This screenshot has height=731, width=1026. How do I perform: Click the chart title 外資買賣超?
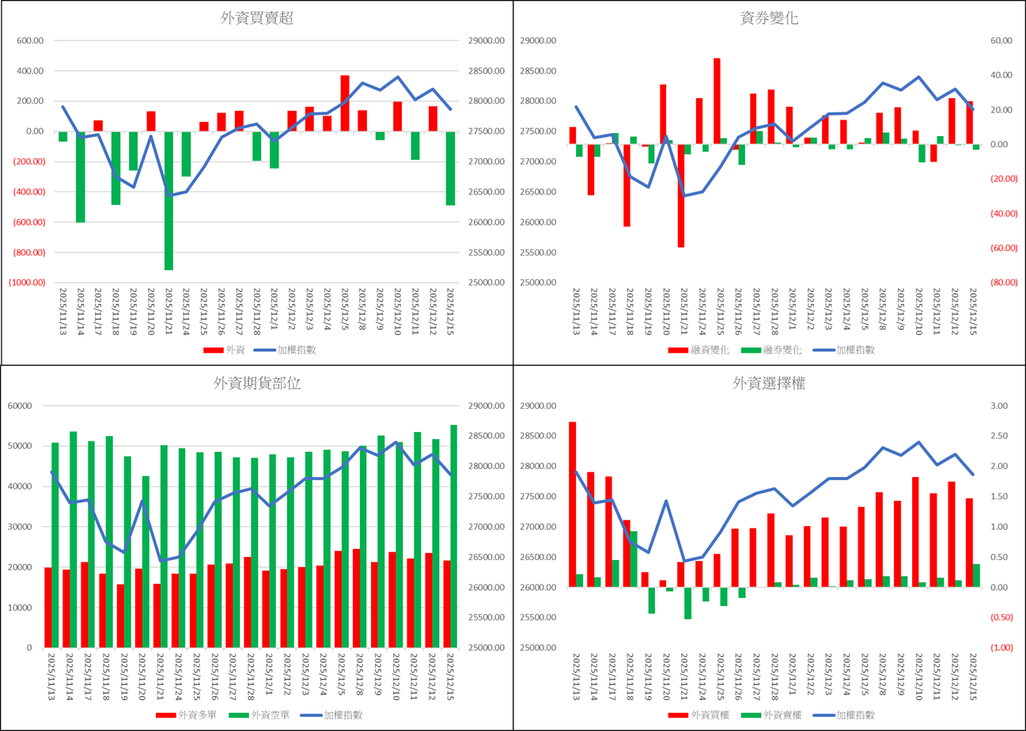coord(256,19)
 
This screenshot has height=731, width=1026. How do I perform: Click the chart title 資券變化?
coord(768,19)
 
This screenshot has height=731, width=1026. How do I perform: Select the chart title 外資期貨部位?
coord(256,384)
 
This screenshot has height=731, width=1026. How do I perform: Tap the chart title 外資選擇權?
coord(768,384)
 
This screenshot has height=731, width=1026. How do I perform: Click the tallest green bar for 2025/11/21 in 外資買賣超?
coord(168,200)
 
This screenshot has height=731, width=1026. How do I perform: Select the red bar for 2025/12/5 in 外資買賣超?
coord(345,103)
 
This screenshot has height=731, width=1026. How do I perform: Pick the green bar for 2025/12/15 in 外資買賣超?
coord(451,168)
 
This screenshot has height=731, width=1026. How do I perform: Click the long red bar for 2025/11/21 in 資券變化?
coord(681,195)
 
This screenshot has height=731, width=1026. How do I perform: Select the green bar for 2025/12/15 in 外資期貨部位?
coord(453,536)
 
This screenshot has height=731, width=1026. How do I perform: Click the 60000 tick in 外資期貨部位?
coord(17,406)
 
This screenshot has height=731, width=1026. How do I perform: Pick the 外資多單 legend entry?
coord(187,714)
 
